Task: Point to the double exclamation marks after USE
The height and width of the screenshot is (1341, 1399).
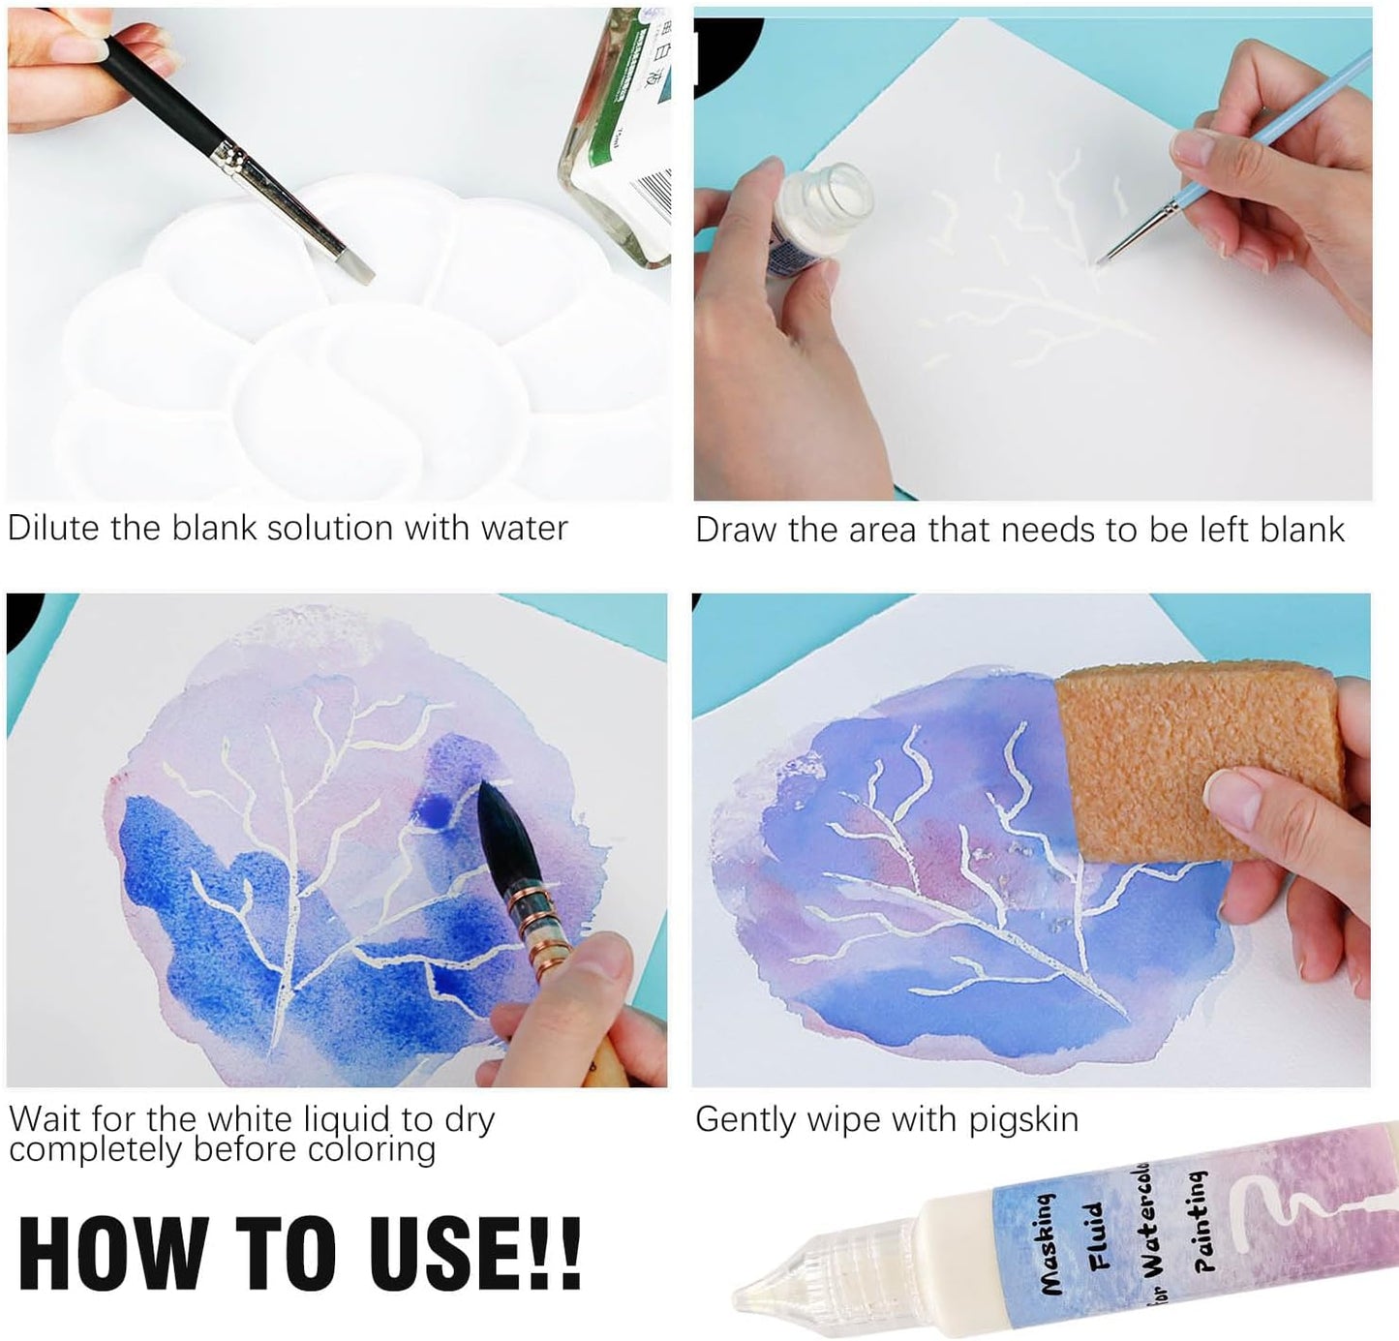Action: click(559, 1253)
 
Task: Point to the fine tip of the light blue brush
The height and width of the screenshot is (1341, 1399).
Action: click(1109, 256)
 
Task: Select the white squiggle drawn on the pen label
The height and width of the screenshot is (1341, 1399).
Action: click(1297, 1195)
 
